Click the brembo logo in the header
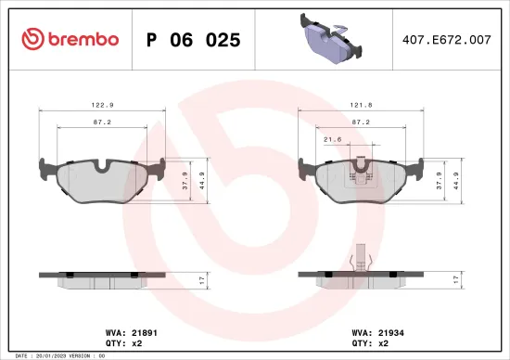click(70, 39)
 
